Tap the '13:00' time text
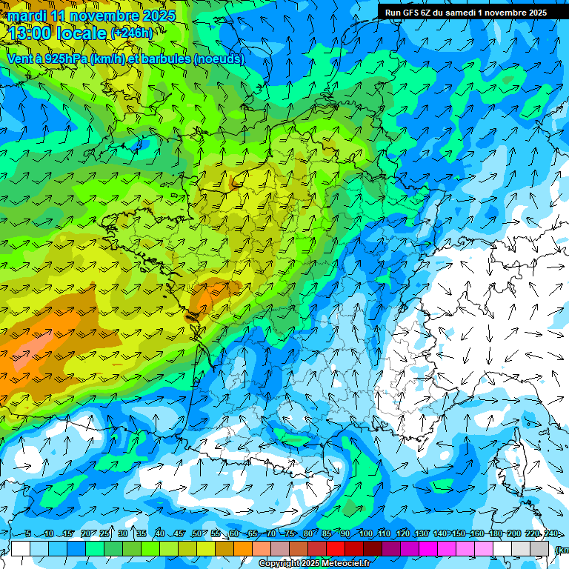(x=30, y=33)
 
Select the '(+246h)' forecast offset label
(x=132, y=33)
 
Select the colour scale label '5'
(x=27, y=534)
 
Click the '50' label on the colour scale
(x=196, y=534)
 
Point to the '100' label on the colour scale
(x=365, y=534)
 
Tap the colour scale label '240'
(x=550, y=534)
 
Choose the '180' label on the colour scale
(x=495, y=534)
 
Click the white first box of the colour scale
(x=21, y=548)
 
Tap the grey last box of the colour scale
(x=539, y=548)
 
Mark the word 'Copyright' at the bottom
(x=279, y=564)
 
